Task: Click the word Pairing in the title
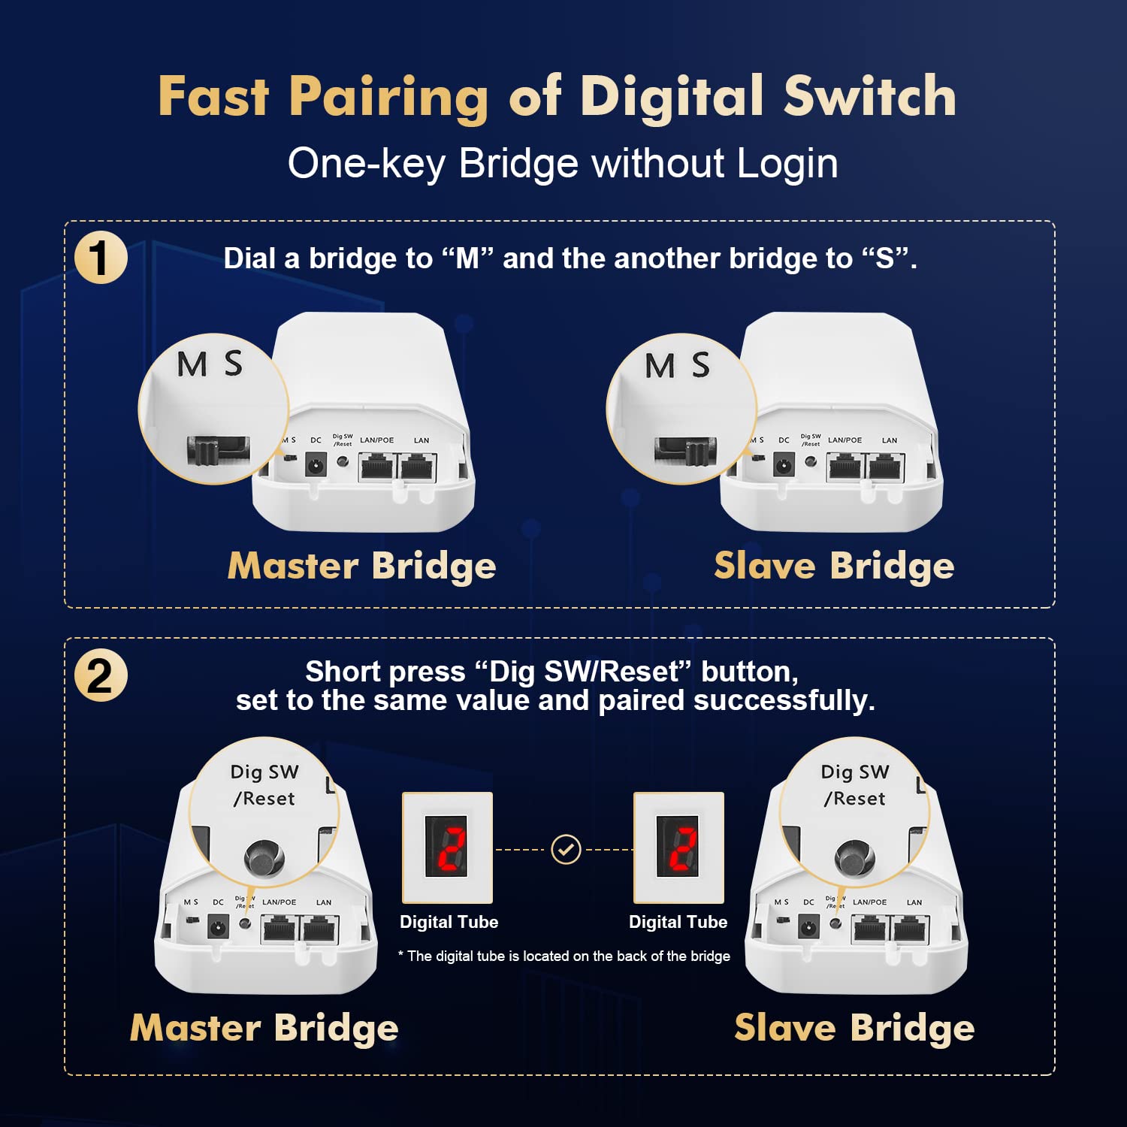388,98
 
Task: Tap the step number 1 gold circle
101,258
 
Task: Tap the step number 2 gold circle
101,675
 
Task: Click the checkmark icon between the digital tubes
566,850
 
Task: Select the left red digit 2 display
448,848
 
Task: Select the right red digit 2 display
678,848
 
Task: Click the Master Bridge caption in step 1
361,566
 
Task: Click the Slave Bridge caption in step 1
834,566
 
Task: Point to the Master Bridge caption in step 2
264,1028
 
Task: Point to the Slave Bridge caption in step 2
854,1028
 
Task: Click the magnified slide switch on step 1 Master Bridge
217,450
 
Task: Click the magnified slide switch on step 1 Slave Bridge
685,451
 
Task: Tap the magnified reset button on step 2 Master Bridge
264,857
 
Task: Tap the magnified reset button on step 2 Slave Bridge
854,857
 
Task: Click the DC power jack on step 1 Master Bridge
316,467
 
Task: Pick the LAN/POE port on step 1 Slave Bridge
844,467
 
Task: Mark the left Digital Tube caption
449,922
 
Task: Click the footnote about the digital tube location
564,956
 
